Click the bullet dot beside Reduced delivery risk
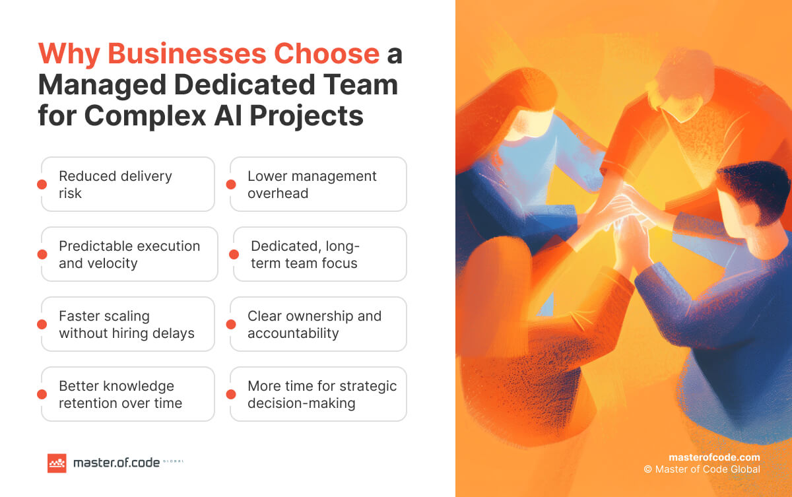[42, 185]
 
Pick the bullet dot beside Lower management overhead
[230, 185]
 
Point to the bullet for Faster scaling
[42, 324]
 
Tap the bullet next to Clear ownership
[230, 324]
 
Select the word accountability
[293, 333]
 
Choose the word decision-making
[301, 403]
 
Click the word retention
[88, 403]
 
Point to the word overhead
[278, 193]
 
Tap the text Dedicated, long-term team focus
[304, 255]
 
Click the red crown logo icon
[57, 463]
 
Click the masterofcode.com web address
[714, 457]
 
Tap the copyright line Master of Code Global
[702, 469]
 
